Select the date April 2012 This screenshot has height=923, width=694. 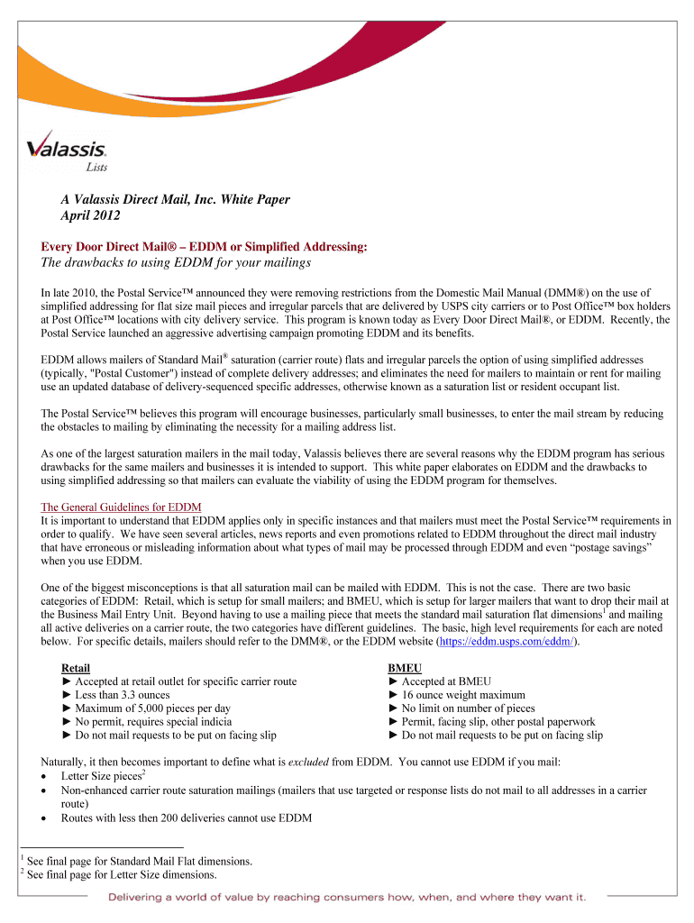point(84,216)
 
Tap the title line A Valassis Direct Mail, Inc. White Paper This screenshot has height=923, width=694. point(169,199)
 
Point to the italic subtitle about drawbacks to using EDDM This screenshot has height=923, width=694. point(176,262)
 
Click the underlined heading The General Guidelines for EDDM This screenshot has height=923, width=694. point(121,507)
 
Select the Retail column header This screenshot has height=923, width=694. point(75,668)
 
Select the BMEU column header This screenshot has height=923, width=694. point(405,668)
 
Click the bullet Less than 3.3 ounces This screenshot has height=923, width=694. point(115,695)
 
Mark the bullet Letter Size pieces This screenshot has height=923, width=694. point(100,776)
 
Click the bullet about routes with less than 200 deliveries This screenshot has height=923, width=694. point(186,818)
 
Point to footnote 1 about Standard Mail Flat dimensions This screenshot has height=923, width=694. point(139,862)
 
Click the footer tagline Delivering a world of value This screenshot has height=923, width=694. point(347,897)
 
